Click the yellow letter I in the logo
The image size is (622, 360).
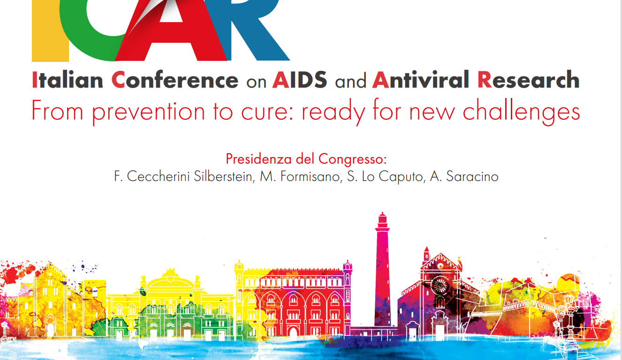click(50, 30)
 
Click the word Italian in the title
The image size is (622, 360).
click(68, 80)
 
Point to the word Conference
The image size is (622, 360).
click(175, 80)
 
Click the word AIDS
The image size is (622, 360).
click(300, 80)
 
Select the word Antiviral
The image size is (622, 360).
click(420, 80)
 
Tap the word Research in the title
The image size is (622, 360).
click(529, 80)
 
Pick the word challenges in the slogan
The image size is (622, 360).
click(521, 112)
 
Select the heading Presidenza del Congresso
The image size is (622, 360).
click(306, 159)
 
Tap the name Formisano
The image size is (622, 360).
click(310, 176)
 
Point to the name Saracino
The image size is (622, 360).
click(472, 176)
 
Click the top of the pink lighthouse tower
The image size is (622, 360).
click(382, 213)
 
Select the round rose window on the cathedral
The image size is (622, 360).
click(440, 285)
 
